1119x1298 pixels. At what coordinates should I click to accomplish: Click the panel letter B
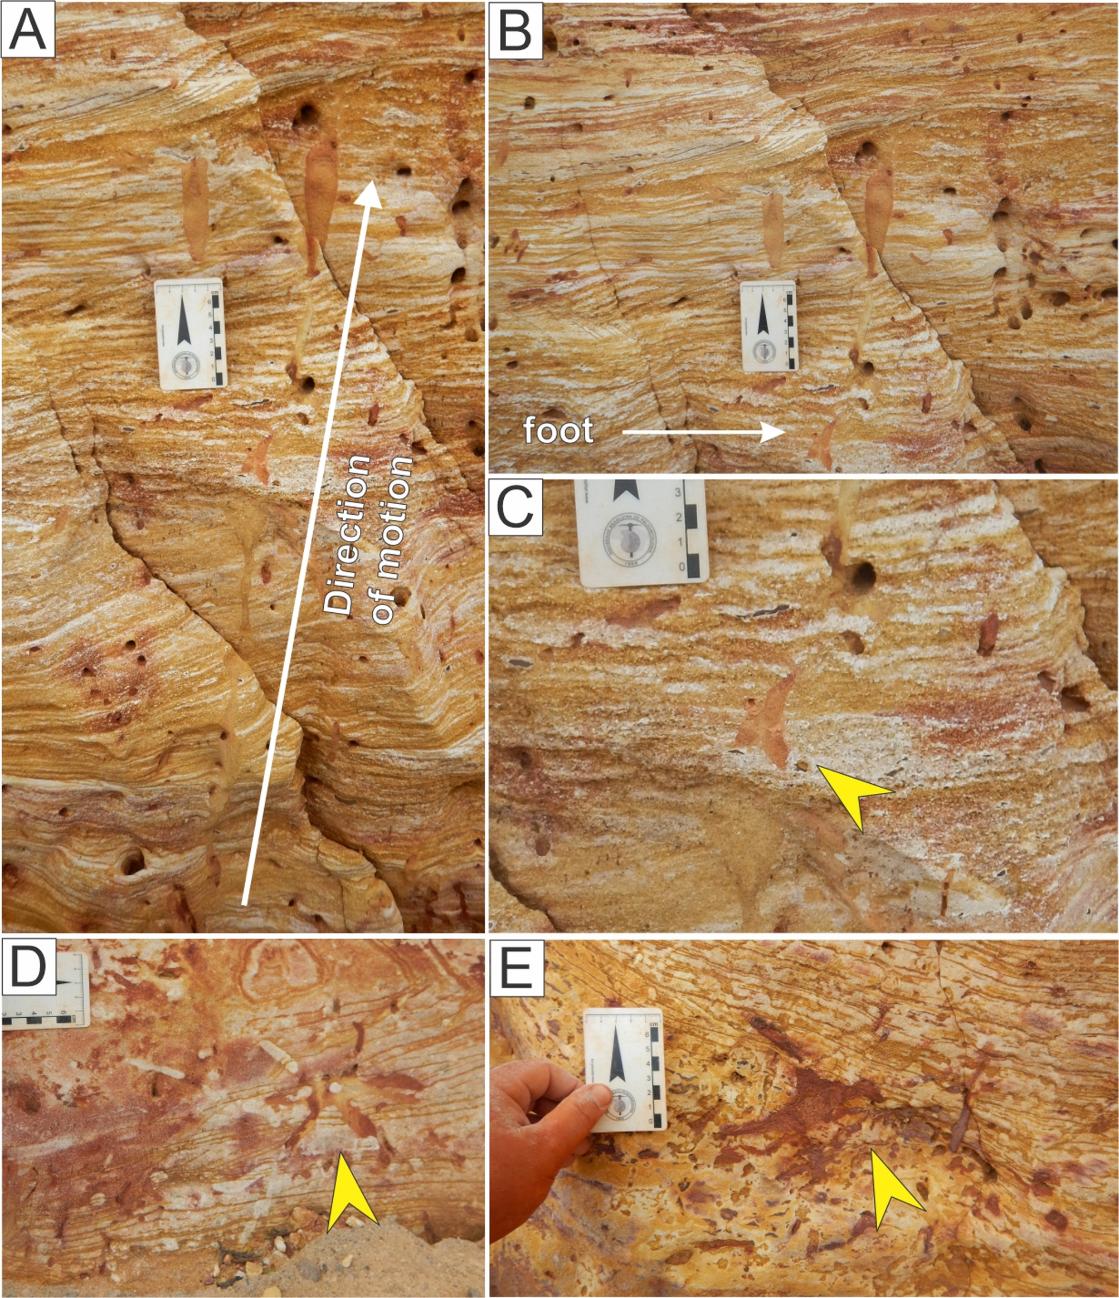[x=515, y=30]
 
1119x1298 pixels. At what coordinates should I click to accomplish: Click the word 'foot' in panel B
[x=558, y=431]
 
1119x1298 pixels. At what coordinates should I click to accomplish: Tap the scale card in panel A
[x=191, y=334]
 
